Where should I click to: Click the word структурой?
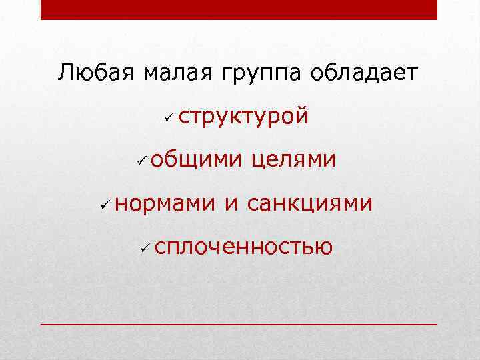pyautogui.click(x=244, y=117)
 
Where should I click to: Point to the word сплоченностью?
pyautogui.click(x=243, y=248)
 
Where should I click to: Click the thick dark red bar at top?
pyautogui.click(x=239, y=9)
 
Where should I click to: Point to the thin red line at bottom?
pyautogui.click(x=239, y=323)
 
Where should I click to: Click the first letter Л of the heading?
pyautogui.click(x=65, y=73)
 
